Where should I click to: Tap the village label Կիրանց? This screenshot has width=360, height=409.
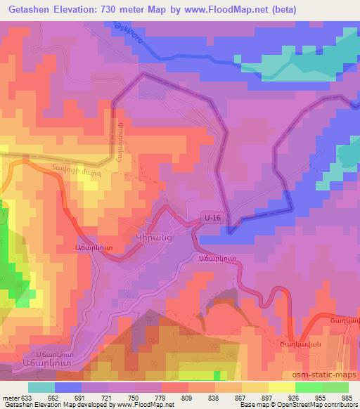154,238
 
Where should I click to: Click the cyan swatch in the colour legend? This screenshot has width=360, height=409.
41,387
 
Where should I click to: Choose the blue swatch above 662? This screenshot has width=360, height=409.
67,387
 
